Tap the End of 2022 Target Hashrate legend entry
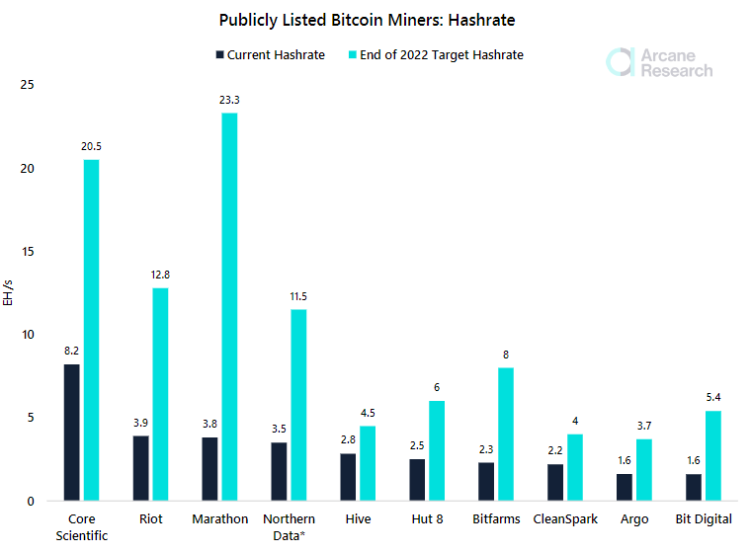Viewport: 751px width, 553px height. click(x=437, y=55)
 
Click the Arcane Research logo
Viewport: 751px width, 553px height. click(x=659, y=61)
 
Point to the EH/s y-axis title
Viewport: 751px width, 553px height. click(x=9, y=292)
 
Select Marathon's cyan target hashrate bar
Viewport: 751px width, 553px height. click(x=229, y=307)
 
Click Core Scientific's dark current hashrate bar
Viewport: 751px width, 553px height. click(x=71, y=433)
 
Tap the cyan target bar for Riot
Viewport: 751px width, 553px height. click(x=160, y=394)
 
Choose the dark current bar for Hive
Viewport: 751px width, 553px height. click(x=348, y=477)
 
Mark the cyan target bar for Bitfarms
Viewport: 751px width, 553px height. click(x=506, y=434)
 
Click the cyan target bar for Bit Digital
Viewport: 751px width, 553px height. click(x=712, y=455)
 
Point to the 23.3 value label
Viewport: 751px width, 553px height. click(x=229, y=100)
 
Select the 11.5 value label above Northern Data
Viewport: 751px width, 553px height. click(x=298, y=296)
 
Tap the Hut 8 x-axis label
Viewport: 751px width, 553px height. click(x=427, y=519)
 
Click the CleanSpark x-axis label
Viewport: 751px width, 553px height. click(x=565, y=519)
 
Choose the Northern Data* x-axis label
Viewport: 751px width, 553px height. click(x=289, y=527)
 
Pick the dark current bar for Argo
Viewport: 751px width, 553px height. click(x=625, y=487)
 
